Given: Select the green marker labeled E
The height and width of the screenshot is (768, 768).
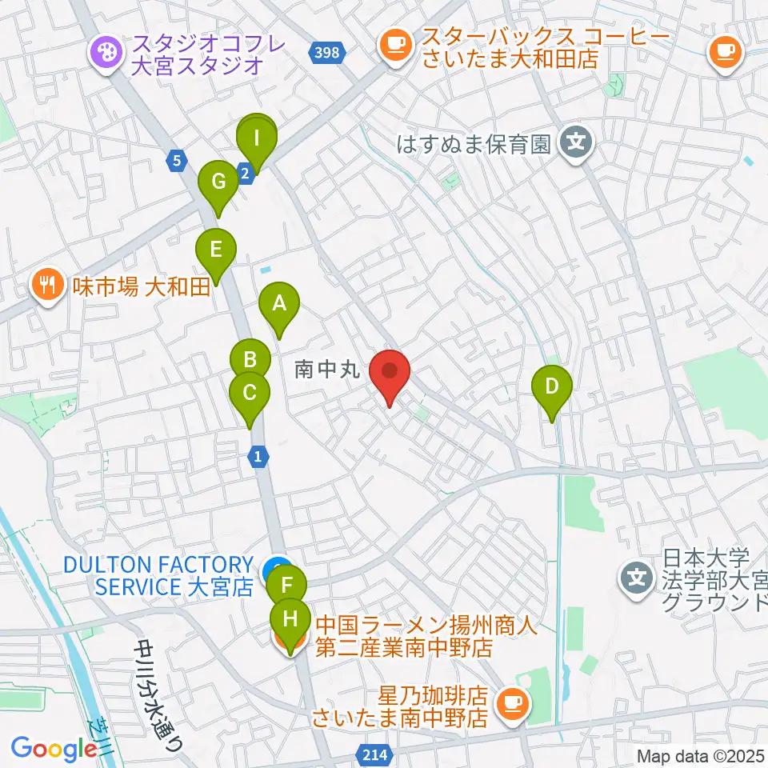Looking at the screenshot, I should point(216,250).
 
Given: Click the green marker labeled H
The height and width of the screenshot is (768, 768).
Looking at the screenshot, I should point(290,619).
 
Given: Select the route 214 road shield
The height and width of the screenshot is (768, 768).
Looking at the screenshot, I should point(371,754).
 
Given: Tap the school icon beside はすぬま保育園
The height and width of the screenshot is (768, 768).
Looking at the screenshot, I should point(576,144).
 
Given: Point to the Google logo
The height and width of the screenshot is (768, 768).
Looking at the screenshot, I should point(54,750).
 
